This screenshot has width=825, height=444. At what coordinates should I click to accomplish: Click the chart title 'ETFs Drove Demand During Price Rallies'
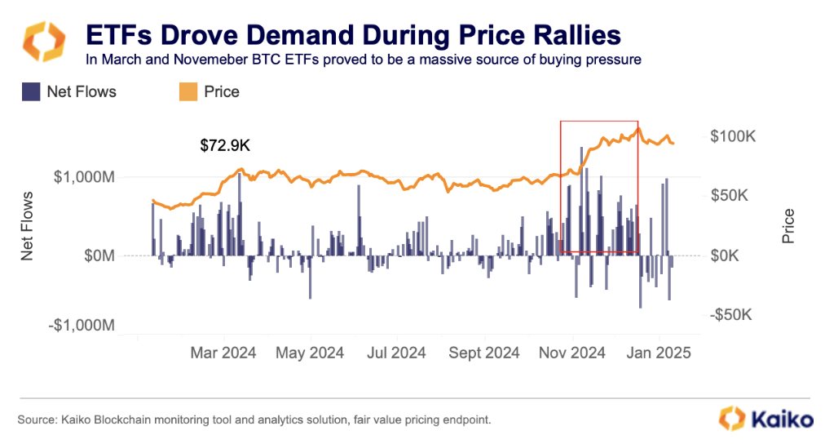point(353,35)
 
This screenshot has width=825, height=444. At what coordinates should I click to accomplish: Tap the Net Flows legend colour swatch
point(32,91)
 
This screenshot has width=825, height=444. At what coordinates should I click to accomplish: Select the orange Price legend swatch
point(186,91)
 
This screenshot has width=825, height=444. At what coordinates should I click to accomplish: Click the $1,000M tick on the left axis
point(84,177)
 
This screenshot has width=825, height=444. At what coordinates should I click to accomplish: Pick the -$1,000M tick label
point(82,326)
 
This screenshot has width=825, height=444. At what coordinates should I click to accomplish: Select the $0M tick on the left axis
point(97,255)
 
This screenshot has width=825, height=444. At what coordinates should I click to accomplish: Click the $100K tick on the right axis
point(734,135)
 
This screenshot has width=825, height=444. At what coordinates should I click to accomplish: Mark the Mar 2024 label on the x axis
point(223,353)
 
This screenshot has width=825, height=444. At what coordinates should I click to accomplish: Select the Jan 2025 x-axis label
point(662,353)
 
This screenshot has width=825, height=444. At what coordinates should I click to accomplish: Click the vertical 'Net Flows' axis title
point(27,225)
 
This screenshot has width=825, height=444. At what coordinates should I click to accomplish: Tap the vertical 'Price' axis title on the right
point(788,227)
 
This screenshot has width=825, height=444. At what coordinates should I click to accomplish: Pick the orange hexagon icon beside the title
point(43,42)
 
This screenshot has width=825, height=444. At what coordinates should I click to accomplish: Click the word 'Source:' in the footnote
point(37,420)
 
